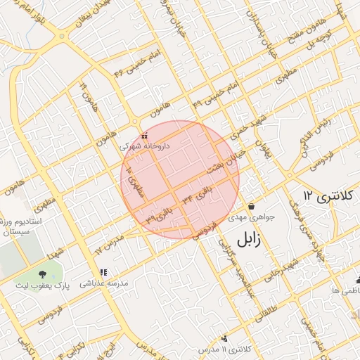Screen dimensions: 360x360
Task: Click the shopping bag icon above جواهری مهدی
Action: (251, 205)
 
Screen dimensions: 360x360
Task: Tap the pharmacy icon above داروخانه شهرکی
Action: (144, 136)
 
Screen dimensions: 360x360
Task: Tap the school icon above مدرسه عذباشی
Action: (103, 272)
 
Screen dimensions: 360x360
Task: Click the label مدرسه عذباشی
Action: (103, 283)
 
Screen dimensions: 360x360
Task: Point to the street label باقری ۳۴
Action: (197, 194)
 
